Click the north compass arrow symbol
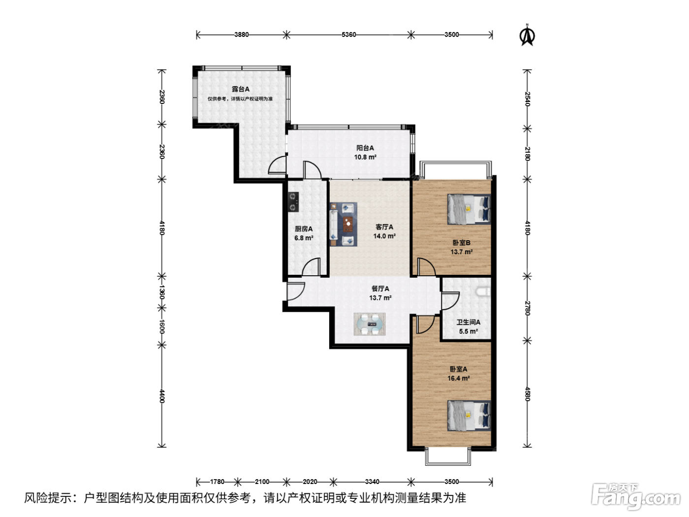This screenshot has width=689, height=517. click(527, 35)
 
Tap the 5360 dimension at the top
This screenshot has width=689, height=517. click(349, 34)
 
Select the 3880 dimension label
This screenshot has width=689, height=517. click(241, 34)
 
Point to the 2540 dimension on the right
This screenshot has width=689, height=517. click(528, 99)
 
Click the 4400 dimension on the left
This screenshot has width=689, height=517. click(161, 396)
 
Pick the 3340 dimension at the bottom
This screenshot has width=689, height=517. click(372, 482)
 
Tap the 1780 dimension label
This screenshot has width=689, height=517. click(217, 482)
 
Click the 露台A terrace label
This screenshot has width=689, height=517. click(241, 89)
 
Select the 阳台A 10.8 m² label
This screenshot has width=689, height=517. click(365, 153)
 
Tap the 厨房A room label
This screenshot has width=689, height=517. click(304, 229)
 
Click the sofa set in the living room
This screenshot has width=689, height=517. click(344, 224)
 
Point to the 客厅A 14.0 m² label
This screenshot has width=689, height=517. click(384, 231)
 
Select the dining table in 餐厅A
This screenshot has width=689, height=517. click(370, 324)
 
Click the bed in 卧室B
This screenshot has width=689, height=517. click(469, 209)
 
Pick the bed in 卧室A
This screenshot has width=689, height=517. click(469, 416)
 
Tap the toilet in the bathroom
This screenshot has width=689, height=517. click(483, 292)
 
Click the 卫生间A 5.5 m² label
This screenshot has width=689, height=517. click(469, 327)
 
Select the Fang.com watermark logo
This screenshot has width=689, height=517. click(636, 496)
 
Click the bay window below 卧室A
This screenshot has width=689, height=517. click(448, 457)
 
